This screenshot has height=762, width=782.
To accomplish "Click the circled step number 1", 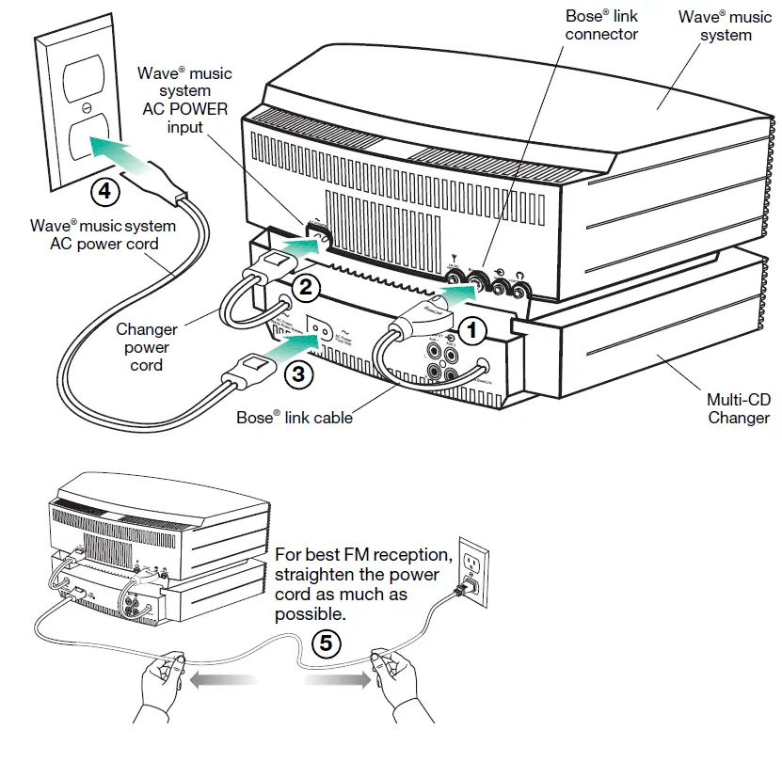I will (473, 329).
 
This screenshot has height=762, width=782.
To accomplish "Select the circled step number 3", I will (297, 373).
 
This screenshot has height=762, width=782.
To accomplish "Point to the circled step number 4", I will (105, 191).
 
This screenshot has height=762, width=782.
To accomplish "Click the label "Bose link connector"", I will (601, 25).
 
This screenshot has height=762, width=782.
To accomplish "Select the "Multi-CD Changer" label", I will (738, 407).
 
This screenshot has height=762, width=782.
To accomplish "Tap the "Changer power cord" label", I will (147, 347).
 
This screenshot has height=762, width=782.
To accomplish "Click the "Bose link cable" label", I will (294, 417).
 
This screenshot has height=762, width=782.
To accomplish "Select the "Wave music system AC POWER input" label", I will (184, 99).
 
